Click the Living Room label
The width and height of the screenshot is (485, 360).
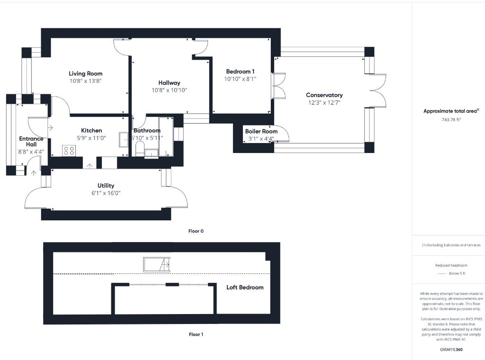[x=85, y=73]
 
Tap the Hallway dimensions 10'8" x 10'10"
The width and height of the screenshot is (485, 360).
[x=169, y=90]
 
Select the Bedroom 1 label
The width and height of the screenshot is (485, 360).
[x=240, y=72]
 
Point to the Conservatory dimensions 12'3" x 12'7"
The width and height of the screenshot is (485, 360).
[x=324, y=102]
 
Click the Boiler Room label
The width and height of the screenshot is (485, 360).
[x=261, y=131]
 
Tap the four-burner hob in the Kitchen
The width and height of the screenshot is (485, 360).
[x=69, y=151]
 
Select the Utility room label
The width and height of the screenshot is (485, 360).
[x=106, y=186]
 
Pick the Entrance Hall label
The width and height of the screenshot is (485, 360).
[x=31, y=142]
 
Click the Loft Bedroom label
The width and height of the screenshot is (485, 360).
[x=244, y=288]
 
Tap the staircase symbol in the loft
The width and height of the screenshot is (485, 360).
[x=156, y=264]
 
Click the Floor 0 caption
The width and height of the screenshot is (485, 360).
[x=196, y=231]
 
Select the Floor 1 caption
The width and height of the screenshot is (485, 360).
[x=196, y=334]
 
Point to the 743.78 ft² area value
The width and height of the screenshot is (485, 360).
[x=451, y=120]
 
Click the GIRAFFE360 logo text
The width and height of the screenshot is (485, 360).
[x=451, y=350]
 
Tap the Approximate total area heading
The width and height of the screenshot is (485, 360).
[x=451, y=111]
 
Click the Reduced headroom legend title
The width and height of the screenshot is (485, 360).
[x=451, y=265]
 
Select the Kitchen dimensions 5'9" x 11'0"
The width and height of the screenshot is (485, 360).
[x=91, y=138]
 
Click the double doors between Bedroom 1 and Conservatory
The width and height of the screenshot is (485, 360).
[x=279, y=86]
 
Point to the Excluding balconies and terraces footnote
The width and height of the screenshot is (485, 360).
[x=451, y=245]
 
